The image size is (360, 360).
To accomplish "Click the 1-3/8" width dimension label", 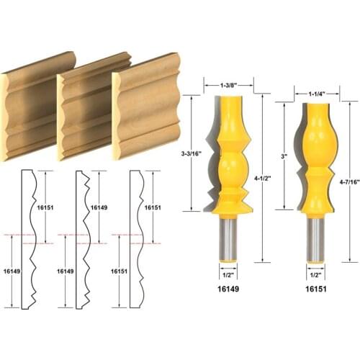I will point(229,86).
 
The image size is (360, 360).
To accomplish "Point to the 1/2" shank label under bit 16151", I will point(315,274).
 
